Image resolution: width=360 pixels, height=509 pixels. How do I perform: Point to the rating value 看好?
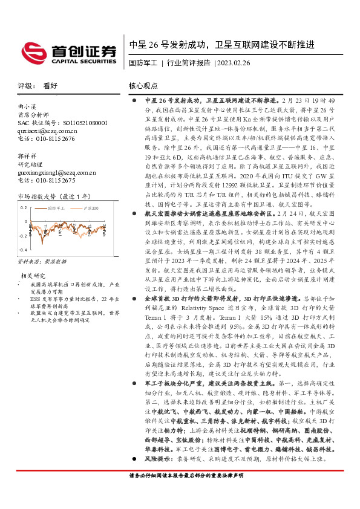click(50, 86)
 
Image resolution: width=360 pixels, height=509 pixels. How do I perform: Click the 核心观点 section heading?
click(143, 86)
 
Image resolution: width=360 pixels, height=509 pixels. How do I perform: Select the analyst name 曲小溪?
click(27, 106)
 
